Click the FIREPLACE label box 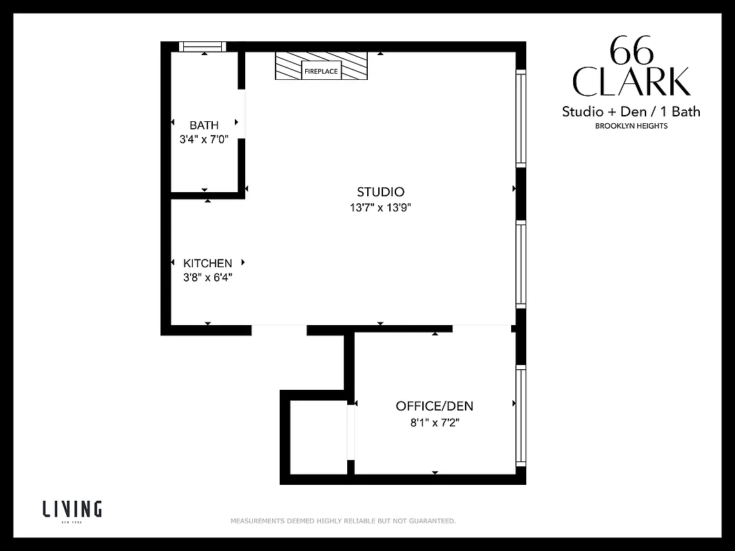pyautogui.click(x=322, y=71)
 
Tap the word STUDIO pyautogui.click(x=380, y=191)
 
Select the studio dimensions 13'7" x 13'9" pyautogui.click(x=380, y=207)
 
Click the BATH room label pyautogui.click(x=204, y=125)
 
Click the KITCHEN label pyautogui.click(x=207, y=263)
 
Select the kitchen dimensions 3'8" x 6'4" pyautogui.click(x=207, y=278)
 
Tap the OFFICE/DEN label pyautogui.click(x=434, y=406)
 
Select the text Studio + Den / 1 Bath pyautogui.click(x=630, y=112)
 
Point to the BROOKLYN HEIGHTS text pyautogui.click(x=631, y=126)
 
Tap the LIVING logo pyautogui.click(x=72, y=510)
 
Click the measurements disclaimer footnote pyautogui.click(x=342, y=521)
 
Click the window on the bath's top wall pyautogui.click(x=203, y=47)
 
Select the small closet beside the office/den pyautogui.click(x=318, y=437)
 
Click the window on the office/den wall pyautogui.click(x=521, y=415)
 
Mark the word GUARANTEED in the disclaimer pyautogui.click(x=432, y=521)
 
